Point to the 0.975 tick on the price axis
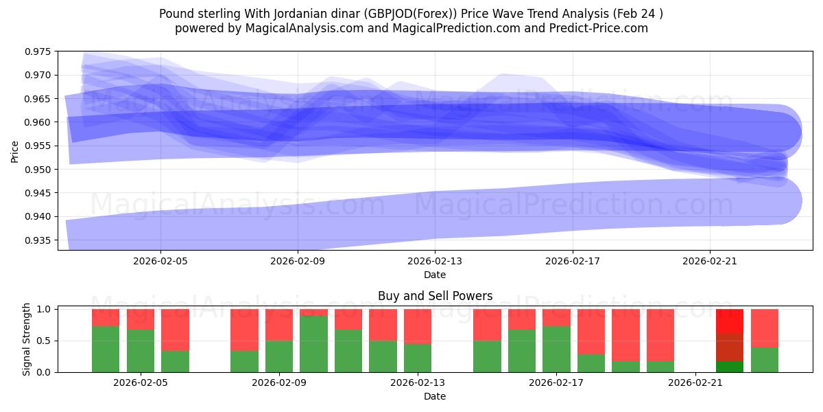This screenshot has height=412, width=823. click(40, 51)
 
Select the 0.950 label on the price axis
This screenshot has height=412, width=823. click(40, 170)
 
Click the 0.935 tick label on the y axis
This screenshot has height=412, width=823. click(40, 240)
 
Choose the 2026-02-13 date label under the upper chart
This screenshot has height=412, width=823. click(435, 261)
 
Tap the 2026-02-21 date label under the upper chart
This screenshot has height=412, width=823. click(709, 261)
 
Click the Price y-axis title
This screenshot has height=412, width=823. click(15, 150)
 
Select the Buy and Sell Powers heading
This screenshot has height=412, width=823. click(435, 297)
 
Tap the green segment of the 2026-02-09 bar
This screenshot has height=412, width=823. click(279, 357)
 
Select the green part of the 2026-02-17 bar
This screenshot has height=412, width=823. click(556, 349)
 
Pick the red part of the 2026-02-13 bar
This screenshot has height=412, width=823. click(418, 325)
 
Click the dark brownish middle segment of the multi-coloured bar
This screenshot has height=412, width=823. click(730, 347)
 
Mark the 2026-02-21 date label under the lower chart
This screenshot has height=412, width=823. click(695, 383)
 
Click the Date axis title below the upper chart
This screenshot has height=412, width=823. click(435, 275)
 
